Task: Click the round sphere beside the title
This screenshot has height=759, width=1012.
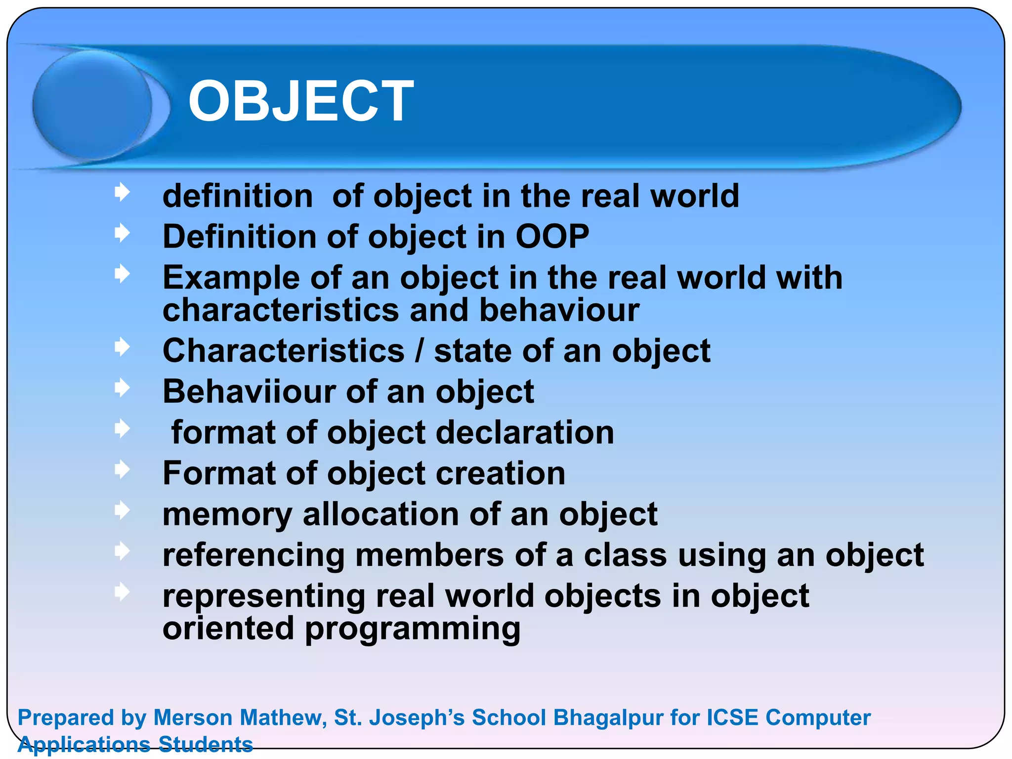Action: (x=92, y=105)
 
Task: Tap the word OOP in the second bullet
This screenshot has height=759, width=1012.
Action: (x=552, y=236)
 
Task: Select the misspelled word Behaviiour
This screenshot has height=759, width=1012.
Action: (x=249, y=391)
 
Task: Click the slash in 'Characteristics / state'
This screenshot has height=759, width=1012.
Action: (x=419, y=351)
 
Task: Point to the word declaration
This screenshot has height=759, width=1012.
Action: (x=525, y=432)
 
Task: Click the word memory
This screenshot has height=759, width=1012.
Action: (x=227, y=515)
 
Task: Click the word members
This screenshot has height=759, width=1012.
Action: (x=429, y=555)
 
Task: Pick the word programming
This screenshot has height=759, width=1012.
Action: (x=412, y=630)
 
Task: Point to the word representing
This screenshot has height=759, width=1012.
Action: (x=264, y=596)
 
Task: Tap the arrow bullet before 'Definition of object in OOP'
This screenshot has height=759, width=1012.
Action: (x=122, y=233)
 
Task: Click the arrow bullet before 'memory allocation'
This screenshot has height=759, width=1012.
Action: (x=122, y=510)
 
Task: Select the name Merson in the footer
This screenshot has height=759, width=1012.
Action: (x=193, y=717)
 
